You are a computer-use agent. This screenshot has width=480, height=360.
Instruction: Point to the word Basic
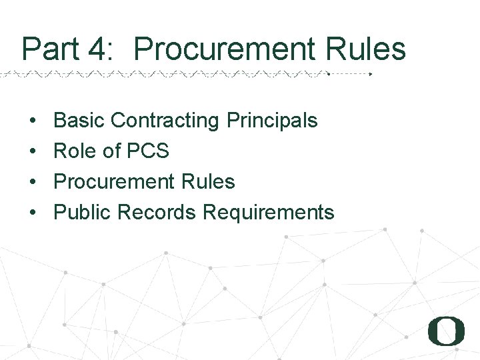(x=79, y=121)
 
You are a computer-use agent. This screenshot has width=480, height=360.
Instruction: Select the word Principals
(x=272, y=121)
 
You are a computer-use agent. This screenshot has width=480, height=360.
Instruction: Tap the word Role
(x=75, y=151)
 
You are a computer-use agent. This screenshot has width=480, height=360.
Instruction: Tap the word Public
(x=83, y=212)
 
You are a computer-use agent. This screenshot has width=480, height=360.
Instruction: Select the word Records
(x=157, y=212)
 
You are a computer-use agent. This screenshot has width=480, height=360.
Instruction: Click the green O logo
(x=446, y=331)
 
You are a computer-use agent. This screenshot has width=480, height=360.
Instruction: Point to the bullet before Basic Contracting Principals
(x=32, y=121)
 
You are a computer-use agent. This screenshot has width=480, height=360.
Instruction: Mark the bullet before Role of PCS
(x=32, y=152)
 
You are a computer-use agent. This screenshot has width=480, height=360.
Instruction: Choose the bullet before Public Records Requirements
(x=32, y=213)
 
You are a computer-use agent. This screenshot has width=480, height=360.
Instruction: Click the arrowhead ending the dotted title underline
(x=371, y=74)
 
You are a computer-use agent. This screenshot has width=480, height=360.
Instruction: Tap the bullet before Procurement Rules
(x=32, y=182)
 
